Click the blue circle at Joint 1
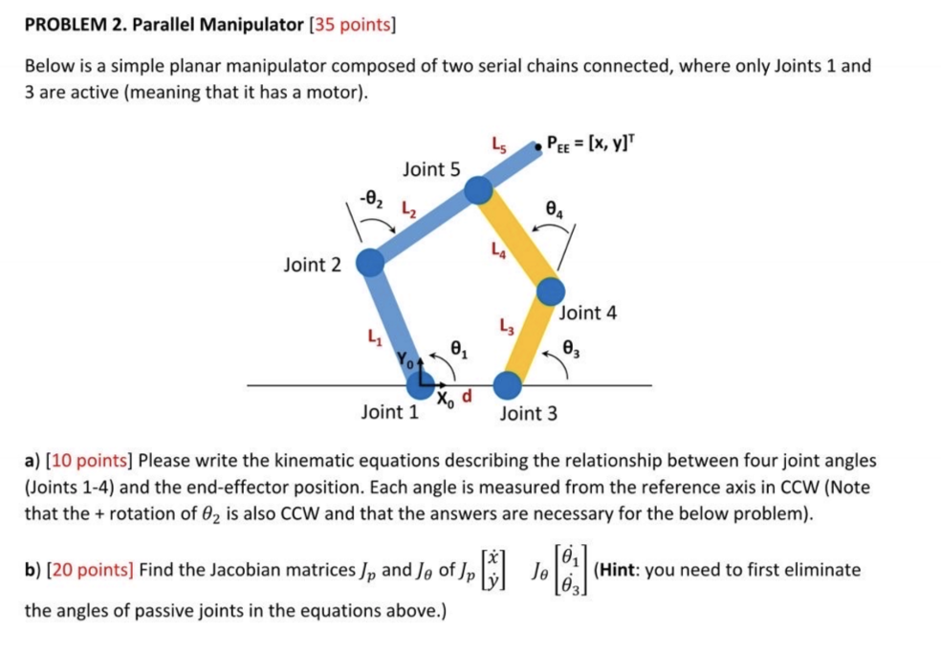(419, 384)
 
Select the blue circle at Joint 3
(507, 384)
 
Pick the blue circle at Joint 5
(477, 191)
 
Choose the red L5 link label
(497, 145)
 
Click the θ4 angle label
(552, 206)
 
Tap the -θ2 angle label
(371, 198)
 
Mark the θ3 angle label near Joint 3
(572, 347)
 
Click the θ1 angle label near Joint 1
(458, 351)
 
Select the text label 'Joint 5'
(431, 169)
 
